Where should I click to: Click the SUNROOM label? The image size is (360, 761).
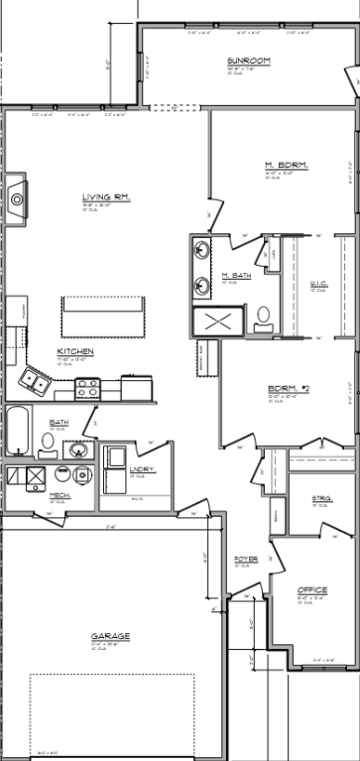tap(242, 61)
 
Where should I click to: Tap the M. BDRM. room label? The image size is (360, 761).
tap(286, 165)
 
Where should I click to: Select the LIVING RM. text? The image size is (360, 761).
tap(106, 198)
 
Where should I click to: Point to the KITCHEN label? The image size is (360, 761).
tap(75, 352)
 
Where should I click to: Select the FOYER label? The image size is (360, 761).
tap(246, 560)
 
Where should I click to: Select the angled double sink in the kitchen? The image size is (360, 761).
tap(37, 381)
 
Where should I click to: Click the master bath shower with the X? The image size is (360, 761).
tap(219, 321)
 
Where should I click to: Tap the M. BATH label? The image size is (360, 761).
tap(234, 275)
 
